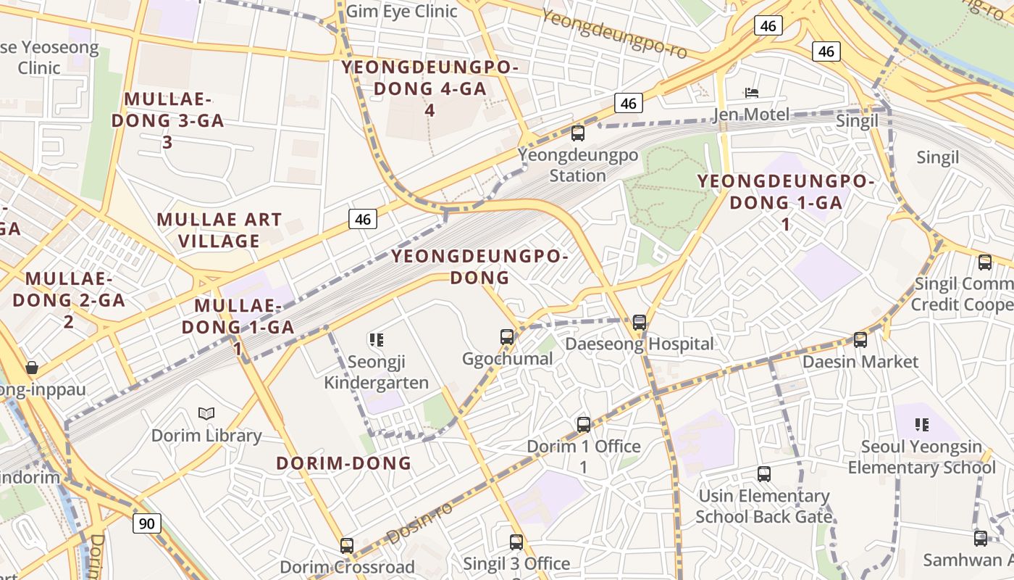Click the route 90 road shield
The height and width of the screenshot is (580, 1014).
tap(146, 523)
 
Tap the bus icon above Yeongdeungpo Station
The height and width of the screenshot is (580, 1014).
tap(578, 133)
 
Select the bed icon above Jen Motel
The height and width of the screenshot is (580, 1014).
tap(752, 93)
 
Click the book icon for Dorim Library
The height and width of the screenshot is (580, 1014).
tap(206, 413)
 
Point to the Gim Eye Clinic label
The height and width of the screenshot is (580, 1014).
tap(401, 11)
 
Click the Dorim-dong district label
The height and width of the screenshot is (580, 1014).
tap(343, 463)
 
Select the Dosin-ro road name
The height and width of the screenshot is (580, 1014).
tap(419, 523)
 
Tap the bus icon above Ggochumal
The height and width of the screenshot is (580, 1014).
tap(507, 336)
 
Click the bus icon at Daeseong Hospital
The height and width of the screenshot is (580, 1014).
tap(639, 322)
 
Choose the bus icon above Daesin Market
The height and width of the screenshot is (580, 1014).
tap(860, 339)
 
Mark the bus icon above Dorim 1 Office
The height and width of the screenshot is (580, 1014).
tap(584, 424)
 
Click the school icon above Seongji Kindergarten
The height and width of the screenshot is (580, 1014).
tap(376, 339)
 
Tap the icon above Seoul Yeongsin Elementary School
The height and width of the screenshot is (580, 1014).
tap(921, 424)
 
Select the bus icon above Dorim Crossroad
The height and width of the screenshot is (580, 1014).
tap(347, 545)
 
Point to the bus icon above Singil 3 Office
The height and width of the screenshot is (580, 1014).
tap(516, 542)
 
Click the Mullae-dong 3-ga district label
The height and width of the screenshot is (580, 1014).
tap(167, 120)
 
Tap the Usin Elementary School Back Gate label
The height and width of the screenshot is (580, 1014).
tap(763, 506)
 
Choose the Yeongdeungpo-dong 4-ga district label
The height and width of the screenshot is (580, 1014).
tap(430, 88)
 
